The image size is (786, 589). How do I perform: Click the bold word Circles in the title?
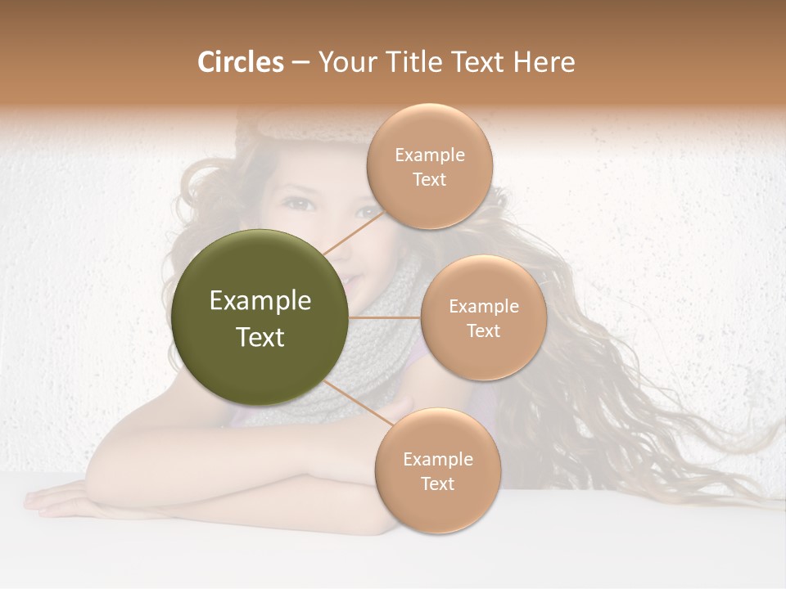(241, 62)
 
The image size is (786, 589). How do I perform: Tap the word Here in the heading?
(544, 62)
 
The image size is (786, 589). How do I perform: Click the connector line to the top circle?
(353, 232)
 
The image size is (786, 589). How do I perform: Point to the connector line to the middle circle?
(385, 317)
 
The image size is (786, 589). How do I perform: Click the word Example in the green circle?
(260, 301)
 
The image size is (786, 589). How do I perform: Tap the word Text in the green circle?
(260, 337)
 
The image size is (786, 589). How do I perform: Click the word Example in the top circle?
(429, 155)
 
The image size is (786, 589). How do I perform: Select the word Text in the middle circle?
(483, 330)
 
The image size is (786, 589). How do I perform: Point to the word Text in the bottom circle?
(437, 483)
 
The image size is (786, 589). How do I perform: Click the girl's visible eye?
(300, 203)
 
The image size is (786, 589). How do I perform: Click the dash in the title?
(300, 63)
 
